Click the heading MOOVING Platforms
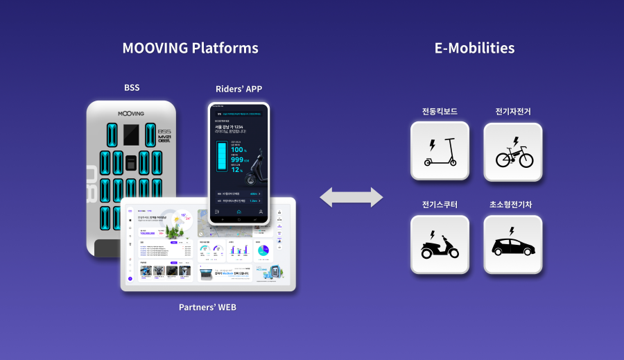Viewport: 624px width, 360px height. (x=190, y=48)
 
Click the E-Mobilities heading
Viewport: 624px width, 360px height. (x=474, y=48)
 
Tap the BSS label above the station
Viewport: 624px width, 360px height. (x=132, y=88)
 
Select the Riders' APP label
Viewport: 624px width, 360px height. (x=239, y=88)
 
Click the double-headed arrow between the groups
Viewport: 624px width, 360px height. (x=351, y=197)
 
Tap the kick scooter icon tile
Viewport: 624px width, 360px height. (x=440, y=151)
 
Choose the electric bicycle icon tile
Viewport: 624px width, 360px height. (x=514, y=151)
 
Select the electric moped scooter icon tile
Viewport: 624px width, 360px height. (x=440, y=244)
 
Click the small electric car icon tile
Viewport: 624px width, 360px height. (x=514, y=244)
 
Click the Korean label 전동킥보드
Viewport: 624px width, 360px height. (x=440, y=112)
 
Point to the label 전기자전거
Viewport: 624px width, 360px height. (x=514, y=112)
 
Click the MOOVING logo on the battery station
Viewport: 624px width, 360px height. (x=132, y=112)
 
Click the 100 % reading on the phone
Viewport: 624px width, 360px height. (x=239, y=150)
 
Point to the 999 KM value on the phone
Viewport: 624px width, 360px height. (x=241, y=160)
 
